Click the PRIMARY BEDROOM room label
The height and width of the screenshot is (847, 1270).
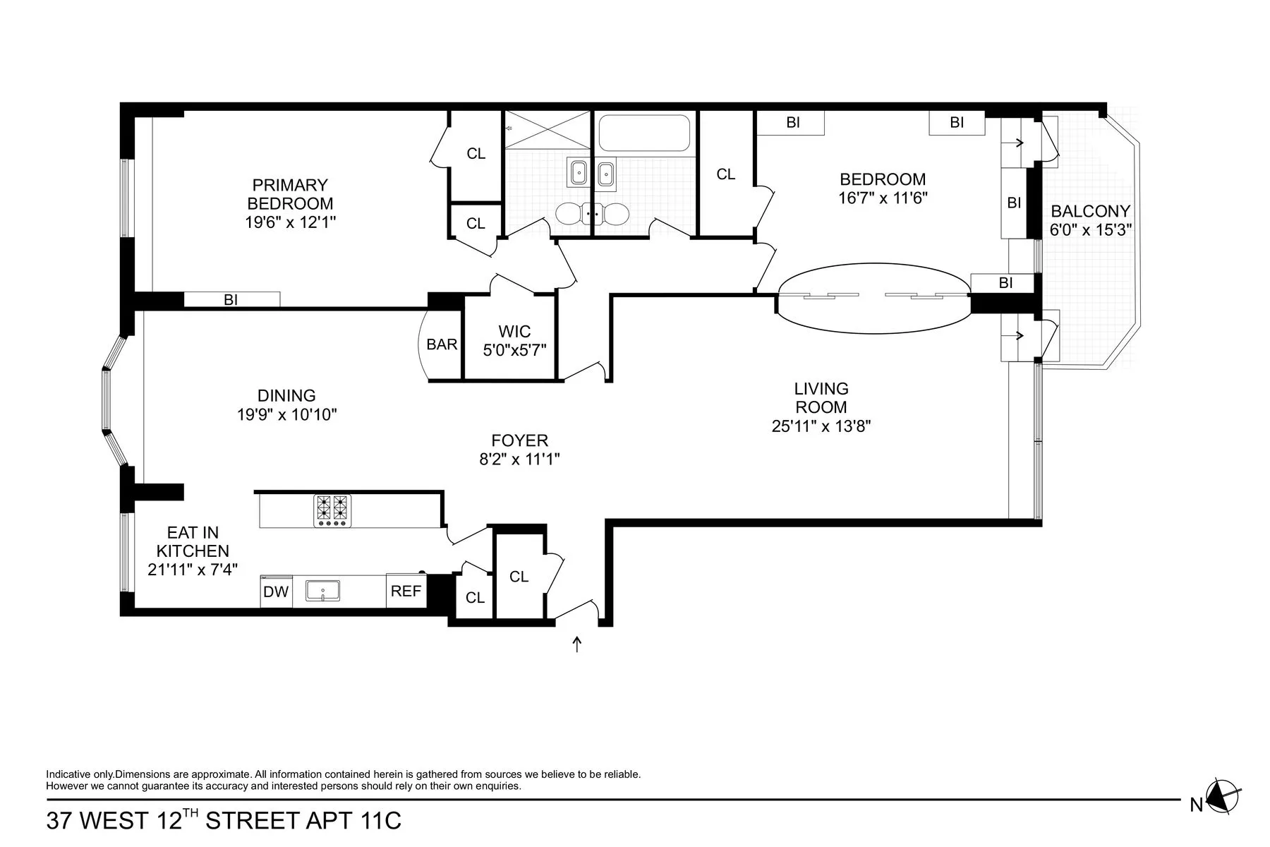290,194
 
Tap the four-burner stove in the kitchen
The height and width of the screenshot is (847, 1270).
332,510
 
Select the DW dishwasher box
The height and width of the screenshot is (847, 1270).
276,591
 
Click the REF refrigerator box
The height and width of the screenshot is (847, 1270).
406,591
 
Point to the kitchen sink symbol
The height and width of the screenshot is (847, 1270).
322,591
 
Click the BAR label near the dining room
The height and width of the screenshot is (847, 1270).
442,344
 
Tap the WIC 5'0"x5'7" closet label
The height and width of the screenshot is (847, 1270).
514,340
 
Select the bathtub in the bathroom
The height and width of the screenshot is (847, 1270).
643,133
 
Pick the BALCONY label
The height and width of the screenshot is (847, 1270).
1090,211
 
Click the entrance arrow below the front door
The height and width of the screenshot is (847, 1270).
577,644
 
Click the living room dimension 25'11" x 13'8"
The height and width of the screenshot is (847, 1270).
821,426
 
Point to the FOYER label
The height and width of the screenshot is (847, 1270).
520,440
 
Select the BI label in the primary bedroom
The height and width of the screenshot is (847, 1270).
231,300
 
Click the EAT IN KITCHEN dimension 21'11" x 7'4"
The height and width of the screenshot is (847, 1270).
193,569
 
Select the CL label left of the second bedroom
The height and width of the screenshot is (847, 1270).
726,174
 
